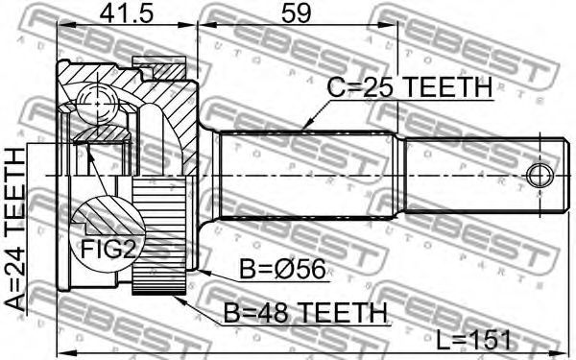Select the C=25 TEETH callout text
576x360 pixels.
[410, 87]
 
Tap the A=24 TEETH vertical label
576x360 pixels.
[15, 229]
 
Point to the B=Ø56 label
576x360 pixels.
[282, 269]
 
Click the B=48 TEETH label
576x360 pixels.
[305, 313]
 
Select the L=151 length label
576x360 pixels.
[474, 340]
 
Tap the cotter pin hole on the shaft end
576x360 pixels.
[540, 176]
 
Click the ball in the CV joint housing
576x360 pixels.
[97, 104]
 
